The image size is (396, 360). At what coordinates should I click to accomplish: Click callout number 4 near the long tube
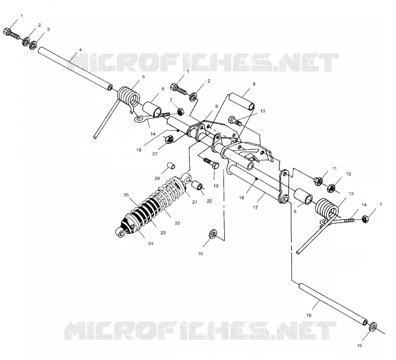(80, 50)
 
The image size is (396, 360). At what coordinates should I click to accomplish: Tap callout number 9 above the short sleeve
(254, 84)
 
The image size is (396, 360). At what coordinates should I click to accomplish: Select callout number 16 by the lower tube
(309, 315)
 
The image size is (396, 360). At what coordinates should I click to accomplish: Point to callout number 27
(154, 154)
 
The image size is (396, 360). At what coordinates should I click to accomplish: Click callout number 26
(157, 179)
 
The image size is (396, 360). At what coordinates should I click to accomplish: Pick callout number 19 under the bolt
(216, 186)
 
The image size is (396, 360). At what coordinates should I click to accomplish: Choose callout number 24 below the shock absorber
(150, 243)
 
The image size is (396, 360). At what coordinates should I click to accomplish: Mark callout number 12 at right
(348, 174)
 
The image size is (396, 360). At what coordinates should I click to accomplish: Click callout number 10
(263, 111)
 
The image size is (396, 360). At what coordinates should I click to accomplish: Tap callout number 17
(255, 207)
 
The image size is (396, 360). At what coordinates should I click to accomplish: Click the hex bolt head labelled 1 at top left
(7, 32)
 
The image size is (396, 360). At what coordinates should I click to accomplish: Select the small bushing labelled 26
(171, 166)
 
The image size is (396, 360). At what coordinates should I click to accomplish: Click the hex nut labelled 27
(169, 139)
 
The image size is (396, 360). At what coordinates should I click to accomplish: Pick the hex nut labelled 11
(318, 180)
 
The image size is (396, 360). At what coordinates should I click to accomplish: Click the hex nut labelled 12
(332, 188)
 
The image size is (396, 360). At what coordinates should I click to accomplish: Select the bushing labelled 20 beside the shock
(198, 186)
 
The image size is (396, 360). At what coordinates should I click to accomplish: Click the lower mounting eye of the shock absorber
(121, 233)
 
